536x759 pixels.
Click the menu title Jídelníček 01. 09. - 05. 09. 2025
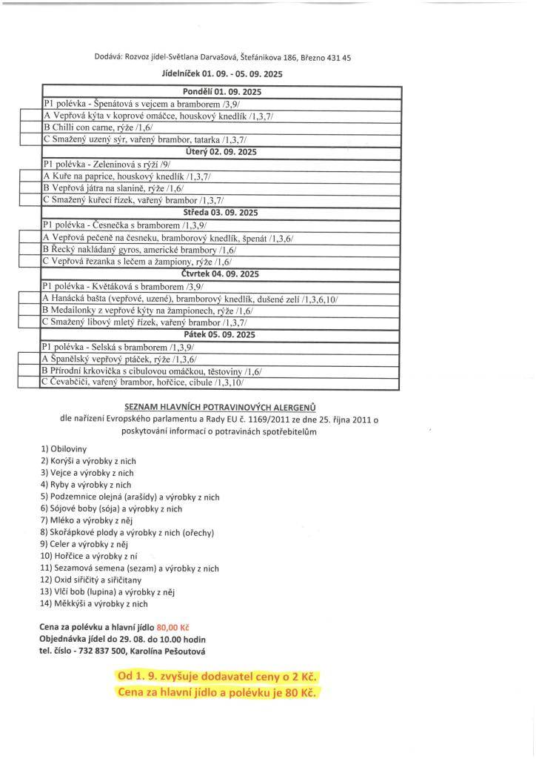[x=221, y=74]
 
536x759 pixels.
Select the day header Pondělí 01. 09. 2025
[x=221, y=92]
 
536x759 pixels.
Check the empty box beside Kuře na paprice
[x=30, y=176]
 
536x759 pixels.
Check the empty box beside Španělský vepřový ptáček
[x=30, y=359]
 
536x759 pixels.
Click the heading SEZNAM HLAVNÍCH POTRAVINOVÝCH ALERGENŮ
[x=219, y=406]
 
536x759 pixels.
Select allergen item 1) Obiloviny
[x=64, y=448]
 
